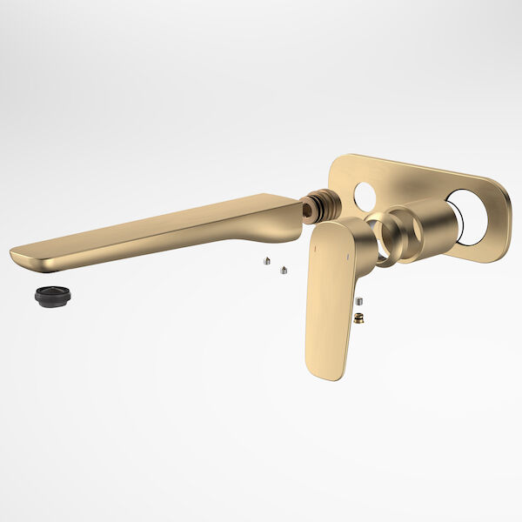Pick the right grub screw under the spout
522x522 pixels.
(283, 270)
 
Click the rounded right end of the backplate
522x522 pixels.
(505, 222)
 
